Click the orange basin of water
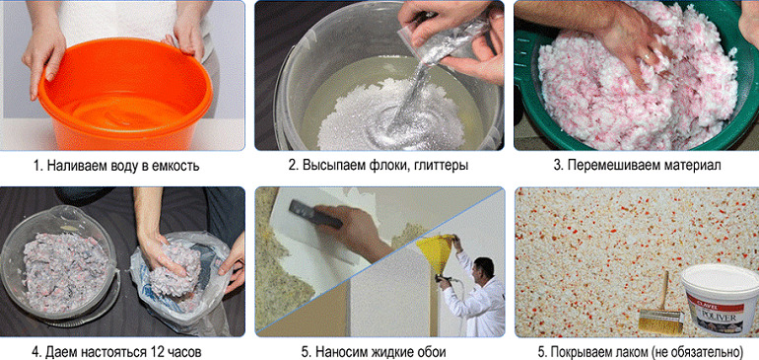(125, 92)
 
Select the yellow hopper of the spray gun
(436, 252)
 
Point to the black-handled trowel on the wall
(314, 215)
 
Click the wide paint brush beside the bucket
(660, 309)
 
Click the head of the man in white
(484, 267)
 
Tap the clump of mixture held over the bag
(174, 270)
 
